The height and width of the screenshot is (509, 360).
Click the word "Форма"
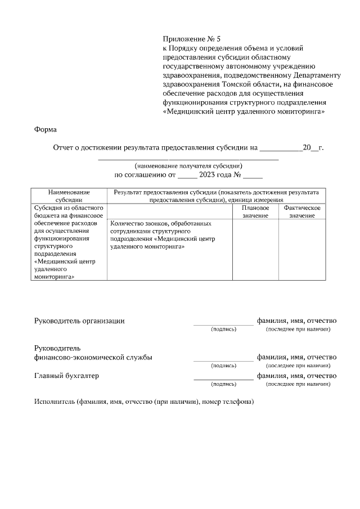[x=46, y=129]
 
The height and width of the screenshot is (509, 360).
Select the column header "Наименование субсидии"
[x=69, y=195]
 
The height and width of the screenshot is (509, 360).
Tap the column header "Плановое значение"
[x=255, y=211]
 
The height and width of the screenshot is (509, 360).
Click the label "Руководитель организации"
[x=79, y=321]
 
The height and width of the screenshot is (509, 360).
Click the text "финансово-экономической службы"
[x=93, y=357]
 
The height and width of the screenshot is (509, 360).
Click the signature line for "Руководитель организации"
[x=223, y=324]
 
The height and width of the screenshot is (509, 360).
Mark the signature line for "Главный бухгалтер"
[x=223, y=379]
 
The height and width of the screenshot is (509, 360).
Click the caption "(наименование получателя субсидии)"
[x=188, y=166]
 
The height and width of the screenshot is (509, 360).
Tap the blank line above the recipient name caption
[x=188, y=160]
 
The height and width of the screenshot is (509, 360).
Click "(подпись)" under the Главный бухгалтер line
[x=223, y=384]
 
